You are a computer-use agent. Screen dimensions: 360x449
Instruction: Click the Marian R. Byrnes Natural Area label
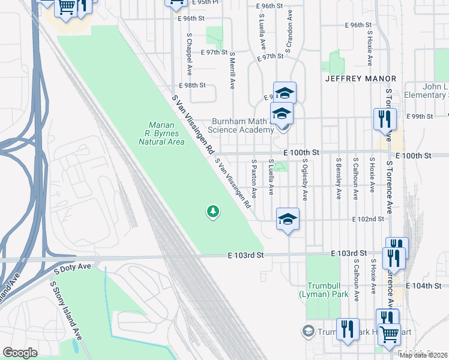(x=161, y=134)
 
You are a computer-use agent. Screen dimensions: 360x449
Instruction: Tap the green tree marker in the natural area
(x=212, y=211)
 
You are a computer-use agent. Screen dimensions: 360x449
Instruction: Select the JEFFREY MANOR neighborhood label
(x=361, y=79)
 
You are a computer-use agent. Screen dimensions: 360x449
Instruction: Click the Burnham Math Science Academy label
(x=241, y=125)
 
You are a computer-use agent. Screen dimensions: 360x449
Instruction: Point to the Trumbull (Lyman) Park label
(x=324, y=291)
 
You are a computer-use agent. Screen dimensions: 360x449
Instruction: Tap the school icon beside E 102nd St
(x=288, y=219)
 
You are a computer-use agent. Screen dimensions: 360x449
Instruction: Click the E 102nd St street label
(x=368, y=220)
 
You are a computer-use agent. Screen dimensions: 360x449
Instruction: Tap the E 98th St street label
(x=192, y=86)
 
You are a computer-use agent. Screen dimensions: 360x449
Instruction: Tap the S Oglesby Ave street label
(x=305, y=179)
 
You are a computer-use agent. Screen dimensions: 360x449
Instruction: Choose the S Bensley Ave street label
(x=339, y=178)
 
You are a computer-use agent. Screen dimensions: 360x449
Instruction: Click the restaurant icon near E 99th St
(x=384, y=119)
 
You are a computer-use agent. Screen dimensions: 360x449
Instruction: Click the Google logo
(x=20, y=353)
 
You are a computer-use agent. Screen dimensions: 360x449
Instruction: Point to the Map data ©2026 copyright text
(x=423, y=355)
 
